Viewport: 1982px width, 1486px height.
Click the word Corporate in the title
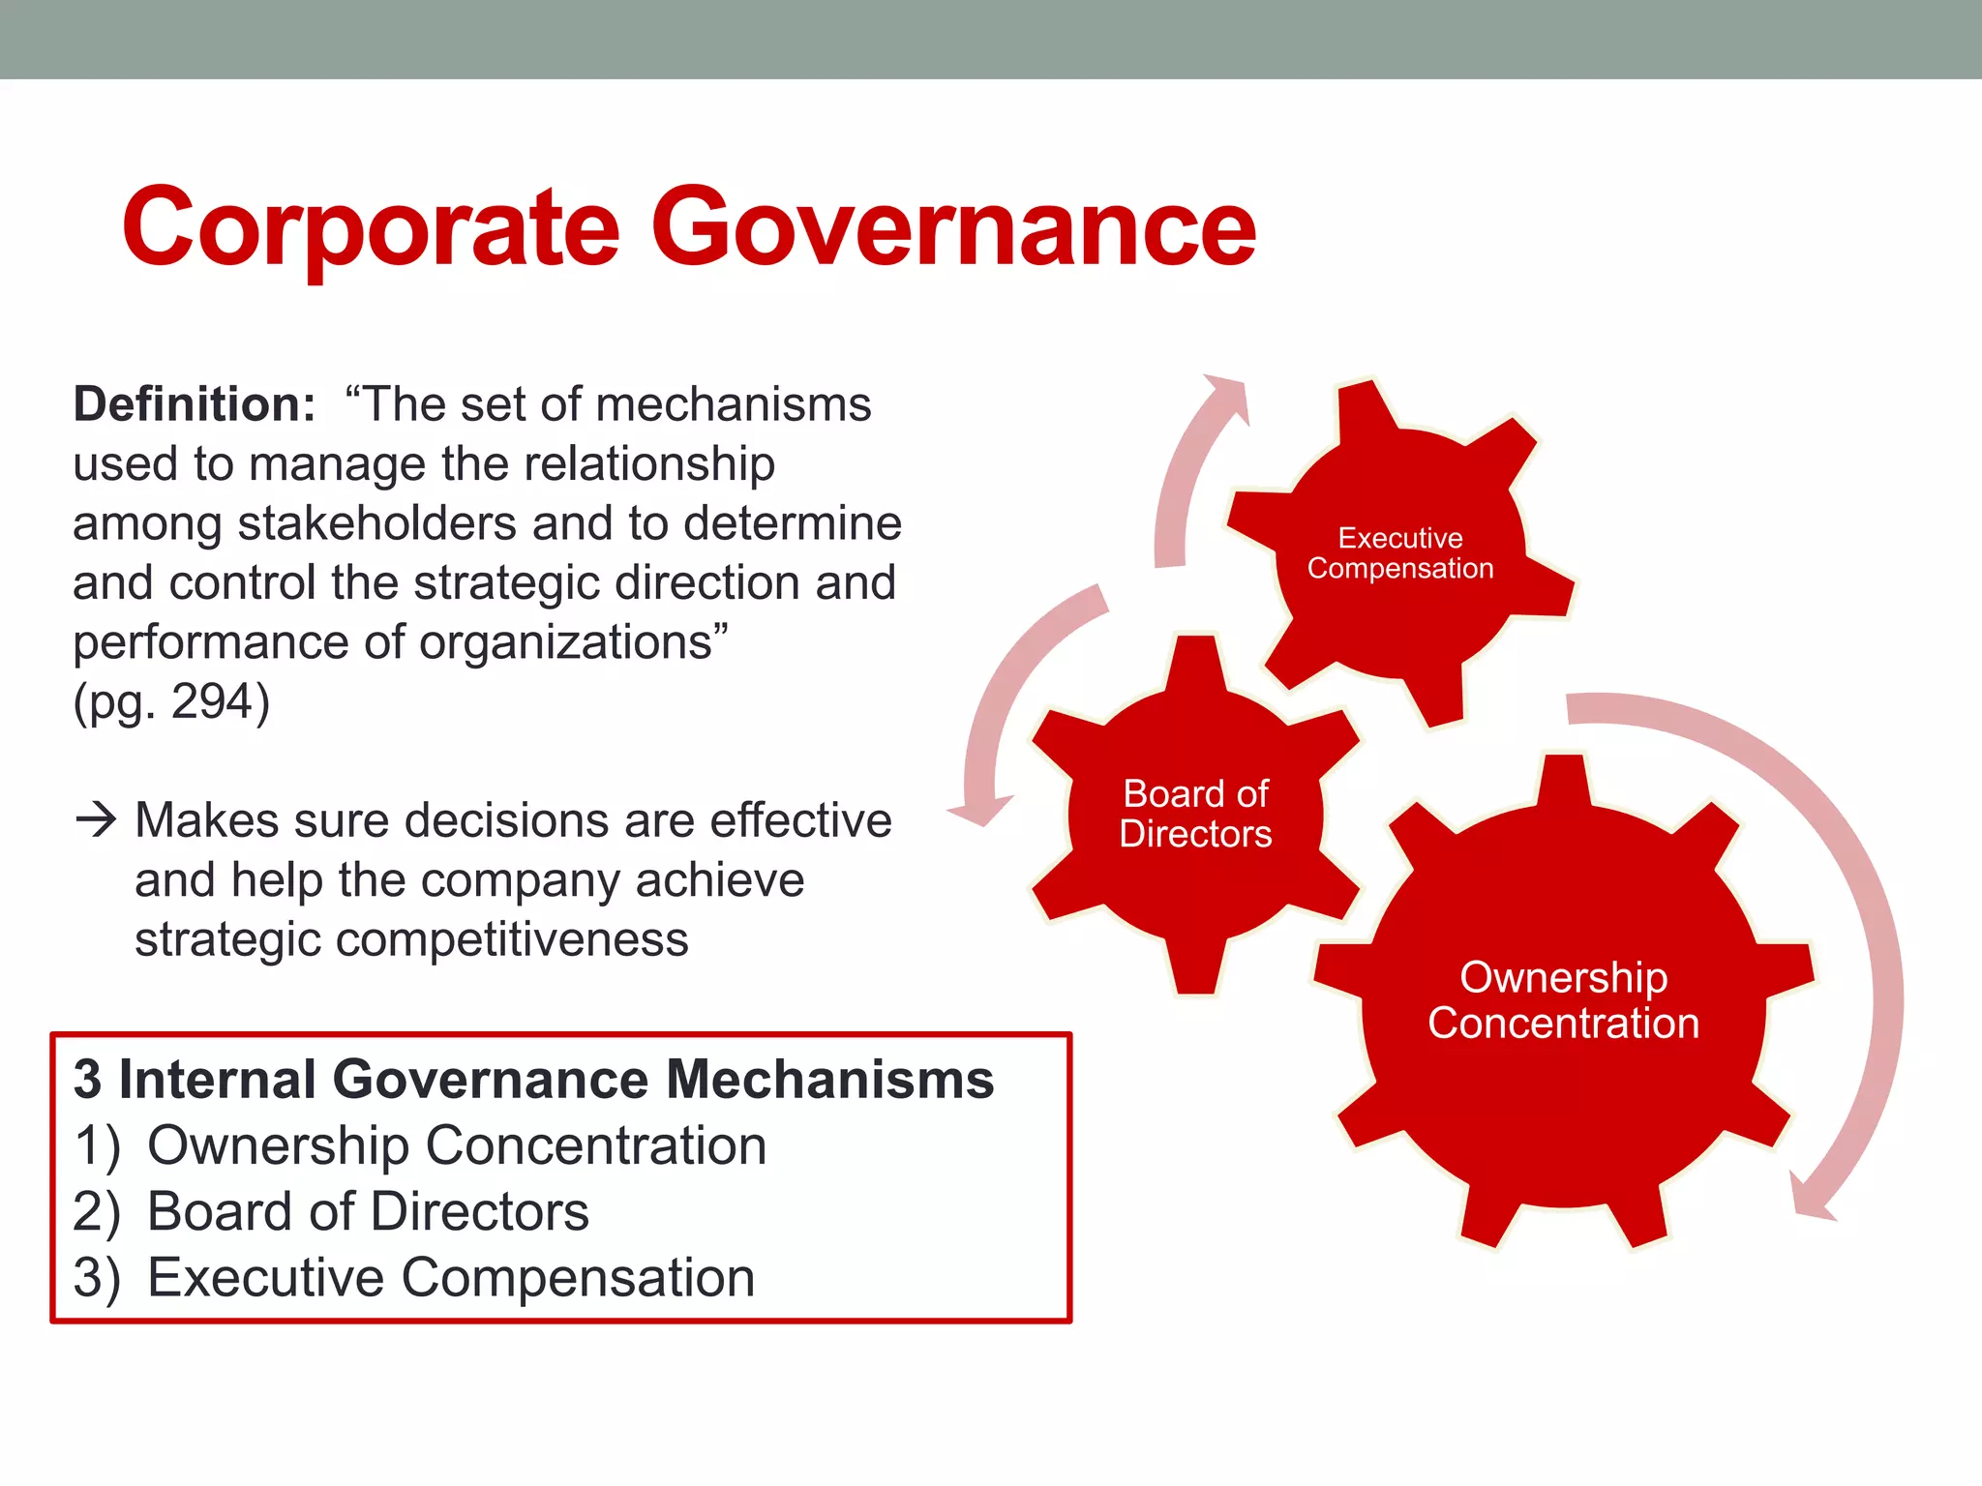click(x=370, y=228)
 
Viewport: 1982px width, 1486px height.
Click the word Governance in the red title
click(x=953, y=228)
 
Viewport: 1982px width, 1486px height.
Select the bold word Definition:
click(x=194, y=404)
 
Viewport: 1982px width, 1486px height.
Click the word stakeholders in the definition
click(x=376, y=523)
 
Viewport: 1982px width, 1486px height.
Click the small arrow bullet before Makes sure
click(x=96, y=820)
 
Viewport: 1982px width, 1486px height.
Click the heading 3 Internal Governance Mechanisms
click(x=533, y=1079)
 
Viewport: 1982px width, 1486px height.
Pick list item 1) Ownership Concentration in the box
click(x=421, y=1145)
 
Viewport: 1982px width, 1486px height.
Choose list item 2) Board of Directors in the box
click(x=332, y=1211)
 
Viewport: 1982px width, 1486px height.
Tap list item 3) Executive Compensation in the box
click(x=414, y=1277)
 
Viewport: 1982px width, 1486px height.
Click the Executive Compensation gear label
click(x=1400, y=553)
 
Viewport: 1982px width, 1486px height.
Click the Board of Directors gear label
click(x=1195, y=814)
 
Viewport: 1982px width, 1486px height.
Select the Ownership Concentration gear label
click(x=1563, y=1000)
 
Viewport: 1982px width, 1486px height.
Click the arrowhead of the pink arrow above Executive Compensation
click(x=1227, y=395)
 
